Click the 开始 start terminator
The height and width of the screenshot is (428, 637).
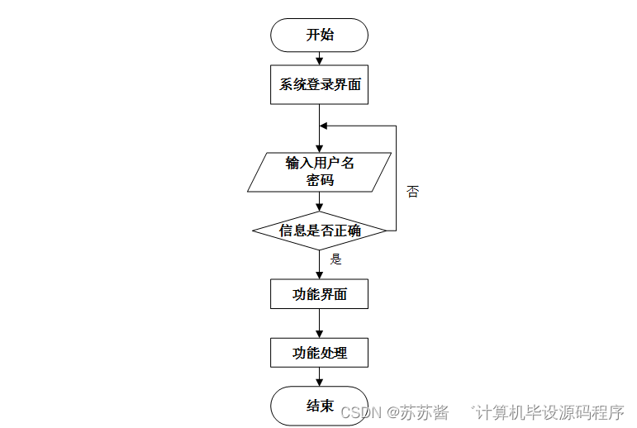pos(319,35)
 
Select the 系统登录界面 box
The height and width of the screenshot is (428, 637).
pos(319,85)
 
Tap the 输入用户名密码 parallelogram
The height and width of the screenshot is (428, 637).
pos(319,172)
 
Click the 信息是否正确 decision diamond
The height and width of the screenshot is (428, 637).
pos(319,231)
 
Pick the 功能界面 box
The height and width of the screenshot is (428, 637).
pos(319,294)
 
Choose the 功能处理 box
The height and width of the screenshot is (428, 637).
pos(319,354)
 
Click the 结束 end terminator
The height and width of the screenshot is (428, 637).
pos(319,405)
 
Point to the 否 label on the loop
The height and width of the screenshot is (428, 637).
pos(413,192)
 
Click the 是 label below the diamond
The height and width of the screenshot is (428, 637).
pos(336,259)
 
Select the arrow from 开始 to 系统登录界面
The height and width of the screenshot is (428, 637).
pos(319,59)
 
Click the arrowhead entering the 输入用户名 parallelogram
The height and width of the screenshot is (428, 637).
pos(319,147)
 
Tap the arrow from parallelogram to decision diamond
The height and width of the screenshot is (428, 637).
pos(319,202)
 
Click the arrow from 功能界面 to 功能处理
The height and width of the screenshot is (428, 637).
pos(319,323)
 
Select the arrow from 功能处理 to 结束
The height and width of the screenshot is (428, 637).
pos(319,377)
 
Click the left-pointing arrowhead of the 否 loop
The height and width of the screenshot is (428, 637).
pos(325,126)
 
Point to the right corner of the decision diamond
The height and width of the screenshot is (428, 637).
pos(386,231)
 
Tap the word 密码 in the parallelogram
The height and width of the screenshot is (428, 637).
pos(320,180)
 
